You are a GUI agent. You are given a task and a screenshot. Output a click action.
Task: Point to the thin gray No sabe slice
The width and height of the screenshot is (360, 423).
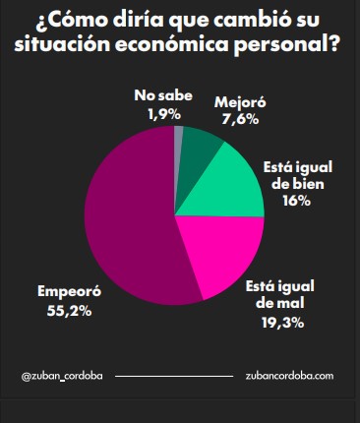[x=178, y=138]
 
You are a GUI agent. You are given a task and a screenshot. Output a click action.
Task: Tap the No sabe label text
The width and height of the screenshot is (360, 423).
[x=157, y=96]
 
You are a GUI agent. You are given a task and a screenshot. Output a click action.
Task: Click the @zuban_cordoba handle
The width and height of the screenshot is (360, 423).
[x=61, y=376]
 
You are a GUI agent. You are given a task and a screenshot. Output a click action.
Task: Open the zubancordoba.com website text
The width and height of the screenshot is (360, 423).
[x=290, y=376]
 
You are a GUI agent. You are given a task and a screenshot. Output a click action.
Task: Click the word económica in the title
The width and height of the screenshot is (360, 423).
[x=173, y=47]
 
